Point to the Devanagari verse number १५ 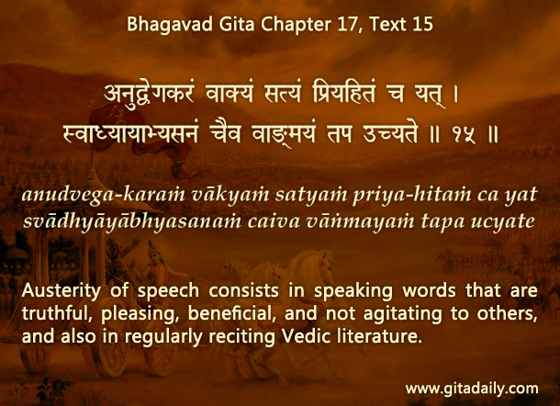pyautogui.click(x=465, y=135)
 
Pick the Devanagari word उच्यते pyautogui.click(x=390, y=134)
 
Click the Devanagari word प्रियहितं pyautogui.click(x=344, y=92)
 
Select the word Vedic pyautogui.click(x=305, y=336)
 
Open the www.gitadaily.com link pyautogui.click(x=472, y=389)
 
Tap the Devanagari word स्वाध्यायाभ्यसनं pyautogui.click(x=130, y=135)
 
